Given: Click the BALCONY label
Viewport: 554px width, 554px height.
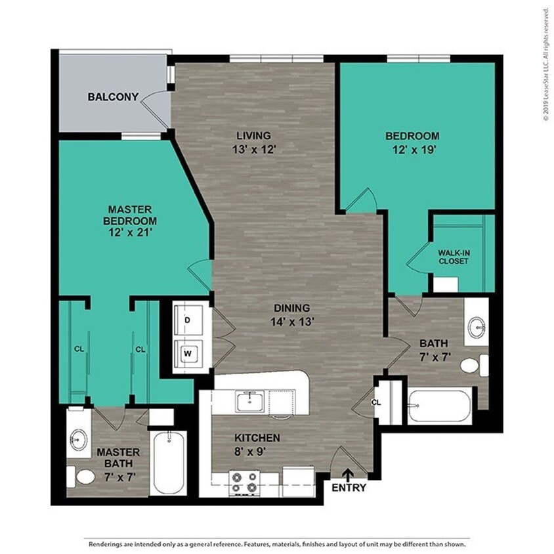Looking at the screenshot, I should [113, 97].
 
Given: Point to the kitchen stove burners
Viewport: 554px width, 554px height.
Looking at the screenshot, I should [244, 482].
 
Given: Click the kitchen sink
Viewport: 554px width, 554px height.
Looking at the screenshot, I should [249, 401].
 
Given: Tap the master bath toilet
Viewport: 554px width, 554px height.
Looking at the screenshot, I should [82, 475].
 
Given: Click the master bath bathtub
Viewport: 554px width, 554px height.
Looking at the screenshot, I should [169, 463].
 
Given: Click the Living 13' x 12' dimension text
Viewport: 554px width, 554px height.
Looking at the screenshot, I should [253, 149].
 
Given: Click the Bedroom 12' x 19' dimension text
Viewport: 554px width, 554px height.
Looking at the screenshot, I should [412, 149].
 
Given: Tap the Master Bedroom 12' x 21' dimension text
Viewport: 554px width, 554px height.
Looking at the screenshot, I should [132, 232].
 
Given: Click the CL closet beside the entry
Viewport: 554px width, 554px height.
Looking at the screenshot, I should [376, 402].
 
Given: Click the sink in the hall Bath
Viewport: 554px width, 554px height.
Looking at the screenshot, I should [477, 326].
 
